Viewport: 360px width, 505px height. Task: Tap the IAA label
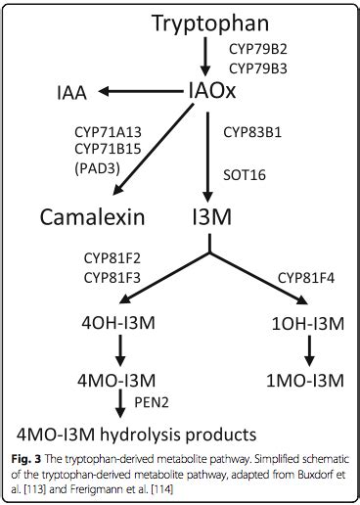pyautogui.click(x=69, y=93)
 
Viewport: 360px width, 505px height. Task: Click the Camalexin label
pyautogui.click(x=92, y=216)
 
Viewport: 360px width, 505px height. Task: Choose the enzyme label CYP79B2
pyautogui.click(x=258, y=49)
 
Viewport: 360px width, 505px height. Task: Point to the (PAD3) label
pyautogui.click(x=98, y=166)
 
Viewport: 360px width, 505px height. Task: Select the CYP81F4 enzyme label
pyautogui.click(x=308, y=279)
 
